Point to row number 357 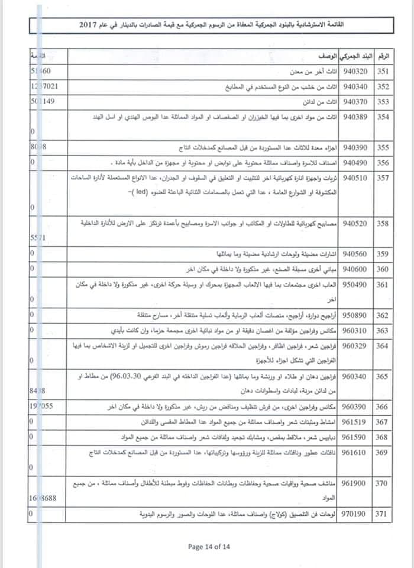coord(383,177)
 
